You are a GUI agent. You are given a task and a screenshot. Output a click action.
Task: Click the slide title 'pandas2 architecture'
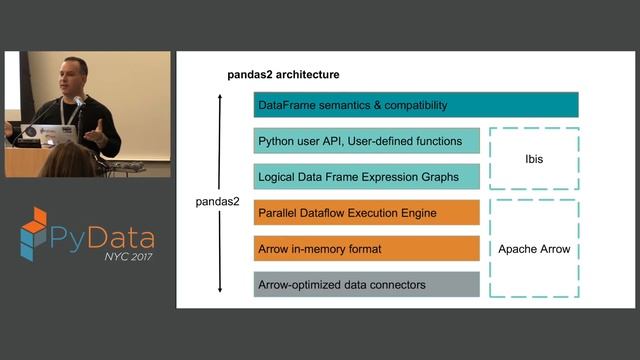283,74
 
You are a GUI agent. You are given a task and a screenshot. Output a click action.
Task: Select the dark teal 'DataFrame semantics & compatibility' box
416,105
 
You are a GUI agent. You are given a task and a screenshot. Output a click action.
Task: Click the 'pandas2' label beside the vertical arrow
216,202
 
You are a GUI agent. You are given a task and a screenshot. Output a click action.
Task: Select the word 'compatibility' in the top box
411,105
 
